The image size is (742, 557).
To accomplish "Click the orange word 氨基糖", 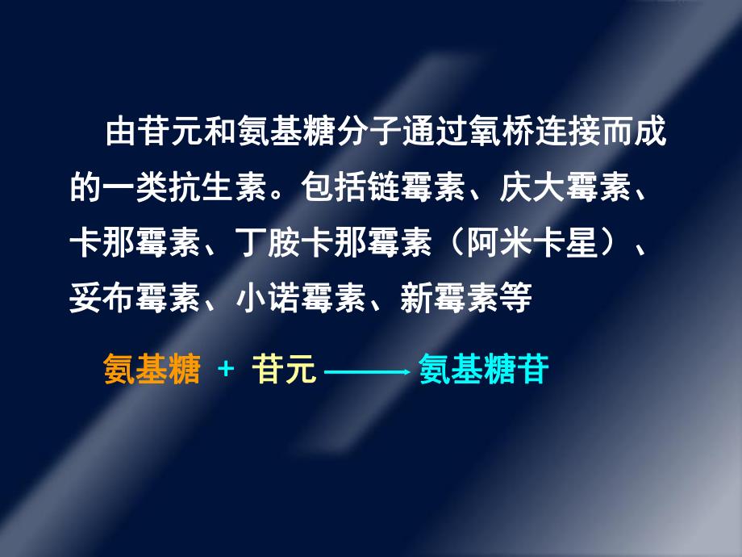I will pyautogui.click(x=152, y=371).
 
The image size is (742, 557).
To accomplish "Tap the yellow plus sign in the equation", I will pyautogui.click(x=226, y=371).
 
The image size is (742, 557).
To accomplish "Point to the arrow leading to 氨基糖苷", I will pyautogui.click(x=367, y=372).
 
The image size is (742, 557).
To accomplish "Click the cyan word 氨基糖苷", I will pyautogui.click(x=484, y=371).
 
